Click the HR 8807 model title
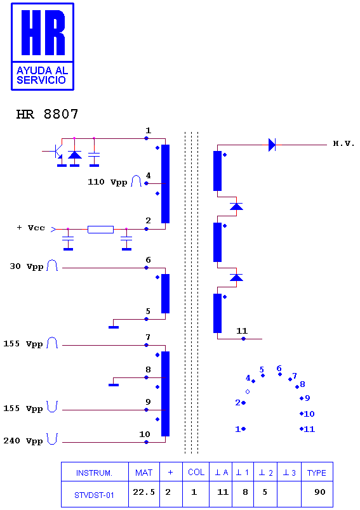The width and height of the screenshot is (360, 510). click(x=47, y=114)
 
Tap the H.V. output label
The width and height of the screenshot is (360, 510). click(x=343, y=143)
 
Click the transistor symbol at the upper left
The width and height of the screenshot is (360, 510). click(x=58, y=151)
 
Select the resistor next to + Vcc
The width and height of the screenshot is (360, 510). click(x=100, y=229)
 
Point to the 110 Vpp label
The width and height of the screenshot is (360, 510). click(x=107, y=182)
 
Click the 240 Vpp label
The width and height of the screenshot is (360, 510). click(x=23, y=441)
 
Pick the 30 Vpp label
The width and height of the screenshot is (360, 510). click(x=27, y=266)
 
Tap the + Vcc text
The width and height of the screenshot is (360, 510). click(x=30, y=228)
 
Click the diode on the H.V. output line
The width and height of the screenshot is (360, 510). click(x=272, y=145)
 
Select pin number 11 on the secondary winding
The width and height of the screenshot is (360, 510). click(x=242, y=330)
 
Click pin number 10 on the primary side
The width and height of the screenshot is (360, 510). click(x=145, y=435)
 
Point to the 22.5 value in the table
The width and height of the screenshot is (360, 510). click(x=144, y=492)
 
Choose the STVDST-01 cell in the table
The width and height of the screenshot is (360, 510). click(x=94, y=495)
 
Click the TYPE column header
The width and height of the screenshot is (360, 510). click(x=316, y=473)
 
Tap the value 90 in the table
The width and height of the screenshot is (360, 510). click(x=319, y=492)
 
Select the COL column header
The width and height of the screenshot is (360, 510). click(x=196, y=473)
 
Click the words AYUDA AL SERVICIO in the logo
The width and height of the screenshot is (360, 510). click(x=42, y=75)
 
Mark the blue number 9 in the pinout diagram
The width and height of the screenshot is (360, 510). click(x=307, y=398)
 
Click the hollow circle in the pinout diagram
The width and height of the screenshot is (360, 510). click(x=248, y=391)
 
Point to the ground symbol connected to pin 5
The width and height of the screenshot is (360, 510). click(x=114, y=327)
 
